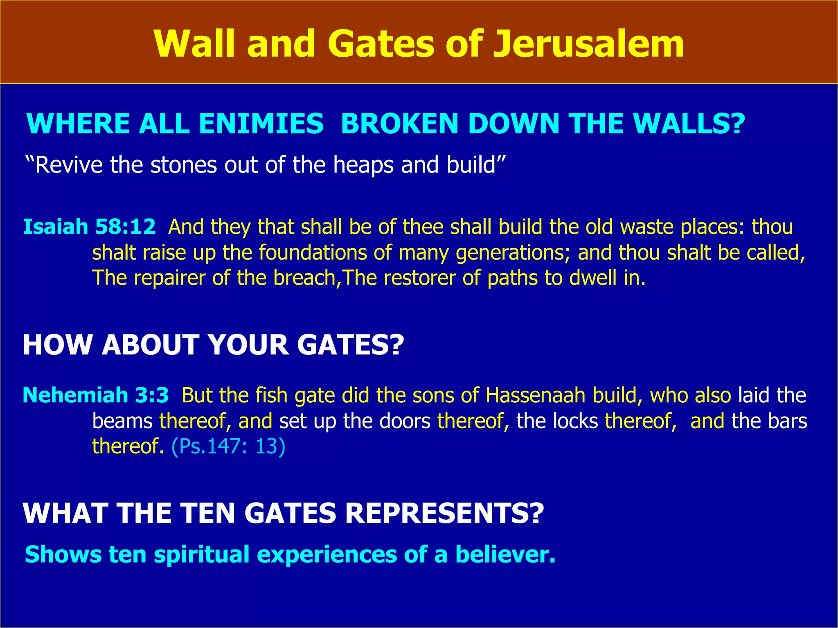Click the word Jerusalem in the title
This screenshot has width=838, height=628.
[588, 44]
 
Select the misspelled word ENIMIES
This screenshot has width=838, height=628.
[261, 123]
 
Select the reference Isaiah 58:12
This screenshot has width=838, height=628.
[89, 227]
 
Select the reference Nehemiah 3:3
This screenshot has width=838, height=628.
[96, 395]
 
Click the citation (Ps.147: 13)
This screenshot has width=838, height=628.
[228, 446]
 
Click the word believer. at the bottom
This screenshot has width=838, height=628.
[505, 554]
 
